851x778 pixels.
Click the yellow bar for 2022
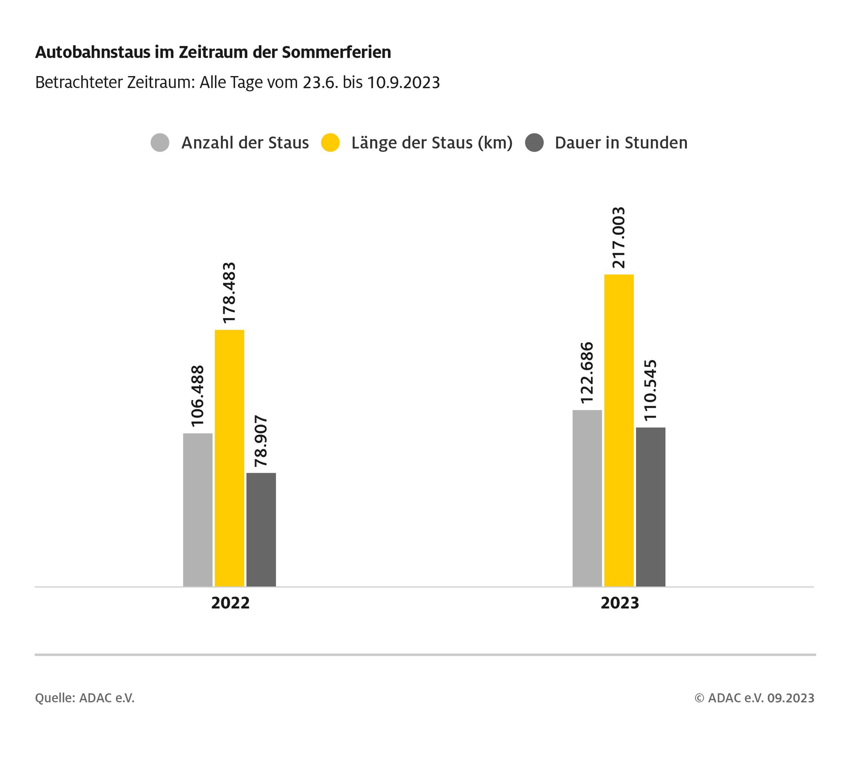pyautogui.click(x=229, y=458)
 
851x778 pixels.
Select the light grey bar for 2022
pyautogui.click(x=198, y=509)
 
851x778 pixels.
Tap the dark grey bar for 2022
pyautogui.click(x=261, y=529)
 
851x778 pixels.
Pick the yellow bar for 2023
pyautogui.click(x=619, y=430)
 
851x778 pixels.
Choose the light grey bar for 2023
pyautogui.click(x=587, y=498)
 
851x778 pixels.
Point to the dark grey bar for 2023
pyautogui.click(x=650, y=507)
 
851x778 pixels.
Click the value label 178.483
pyautogui.click(x=229, y=293)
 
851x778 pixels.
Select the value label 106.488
pyautogui.click(x=198, y=396)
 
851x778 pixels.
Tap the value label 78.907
pyautogui.click(x=261, y=441)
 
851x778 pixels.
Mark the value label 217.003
pyautogui.click(x=619, y=238)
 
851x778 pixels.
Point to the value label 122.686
pyautogui.click(x=587, y=373)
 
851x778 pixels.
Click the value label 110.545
pyautogui.click(x=650, y=390)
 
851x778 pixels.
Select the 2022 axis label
pyautogui.click(x=231, y=603)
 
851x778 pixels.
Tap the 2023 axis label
pyautogui.click(x=620, y=603)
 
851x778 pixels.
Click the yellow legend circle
pyautogui.click(x=330, y=143)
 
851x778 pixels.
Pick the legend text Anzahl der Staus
pyautogui.click(x=245, y=143)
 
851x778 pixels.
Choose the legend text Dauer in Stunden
pyautogui.click(x=621, y=143)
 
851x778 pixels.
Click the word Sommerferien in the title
pyautogui.click(x=336, y=52)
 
